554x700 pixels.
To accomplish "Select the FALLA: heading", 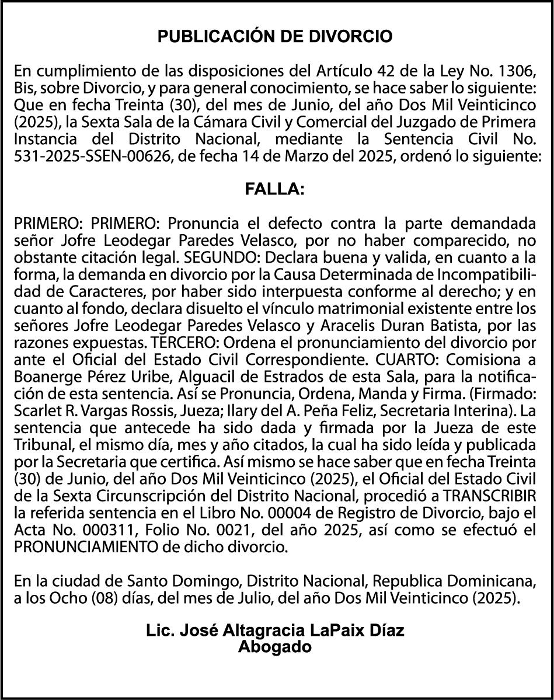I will tap(274, 189).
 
